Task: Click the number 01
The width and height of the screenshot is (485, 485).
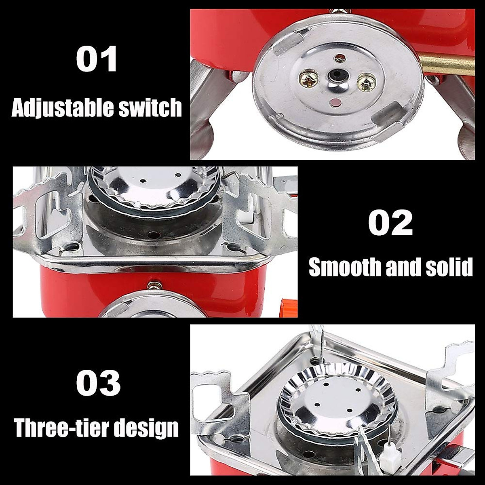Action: (97, 59)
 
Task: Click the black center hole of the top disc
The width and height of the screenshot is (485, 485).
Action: (335, 75)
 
